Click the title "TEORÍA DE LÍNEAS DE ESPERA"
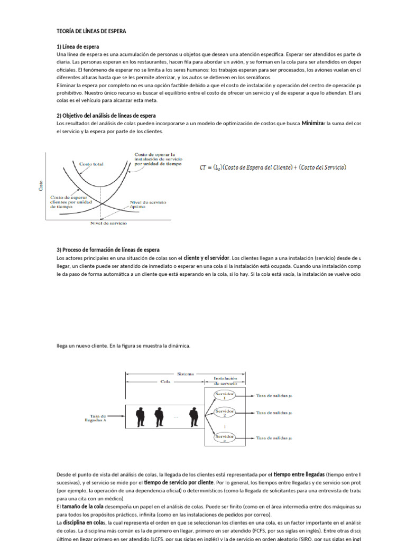91,31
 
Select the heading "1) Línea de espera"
78,46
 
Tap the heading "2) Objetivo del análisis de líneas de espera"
106,115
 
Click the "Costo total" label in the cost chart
91,164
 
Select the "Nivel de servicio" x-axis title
109,223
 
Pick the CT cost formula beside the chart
273,167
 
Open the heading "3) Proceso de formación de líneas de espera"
108,249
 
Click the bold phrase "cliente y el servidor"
207,258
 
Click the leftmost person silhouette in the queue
140,416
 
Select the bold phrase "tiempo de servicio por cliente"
179,482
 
